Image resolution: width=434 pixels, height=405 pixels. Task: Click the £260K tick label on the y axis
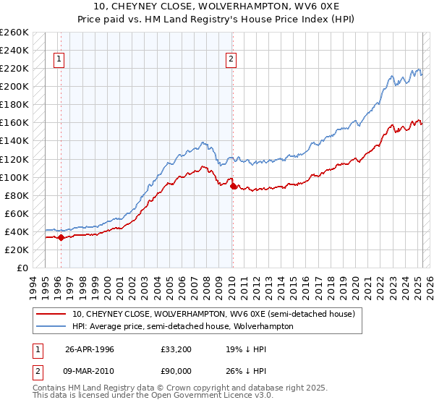coord(14,33)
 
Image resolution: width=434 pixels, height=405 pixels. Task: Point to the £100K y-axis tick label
coord(14,177)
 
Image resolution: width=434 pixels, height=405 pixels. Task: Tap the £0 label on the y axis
coord(22,268)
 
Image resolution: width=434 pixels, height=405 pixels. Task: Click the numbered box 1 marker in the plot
coord(59,60)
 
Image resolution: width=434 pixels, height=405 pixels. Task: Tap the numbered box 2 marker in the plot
coord(231,60)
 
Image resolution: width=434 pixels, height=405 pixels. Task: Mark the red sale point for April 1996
coord(61,237)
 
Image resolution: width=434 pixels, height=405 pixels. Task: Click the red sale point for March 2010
coord(233,186)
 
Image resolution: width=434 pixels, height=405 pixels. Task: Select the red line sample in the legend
coord(50,314)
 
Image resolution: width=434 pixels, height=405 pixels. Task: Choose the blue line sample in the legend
coord(50,326)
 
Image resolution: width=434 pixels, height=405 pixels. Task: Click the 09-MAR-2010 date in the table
coord(91,372)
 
